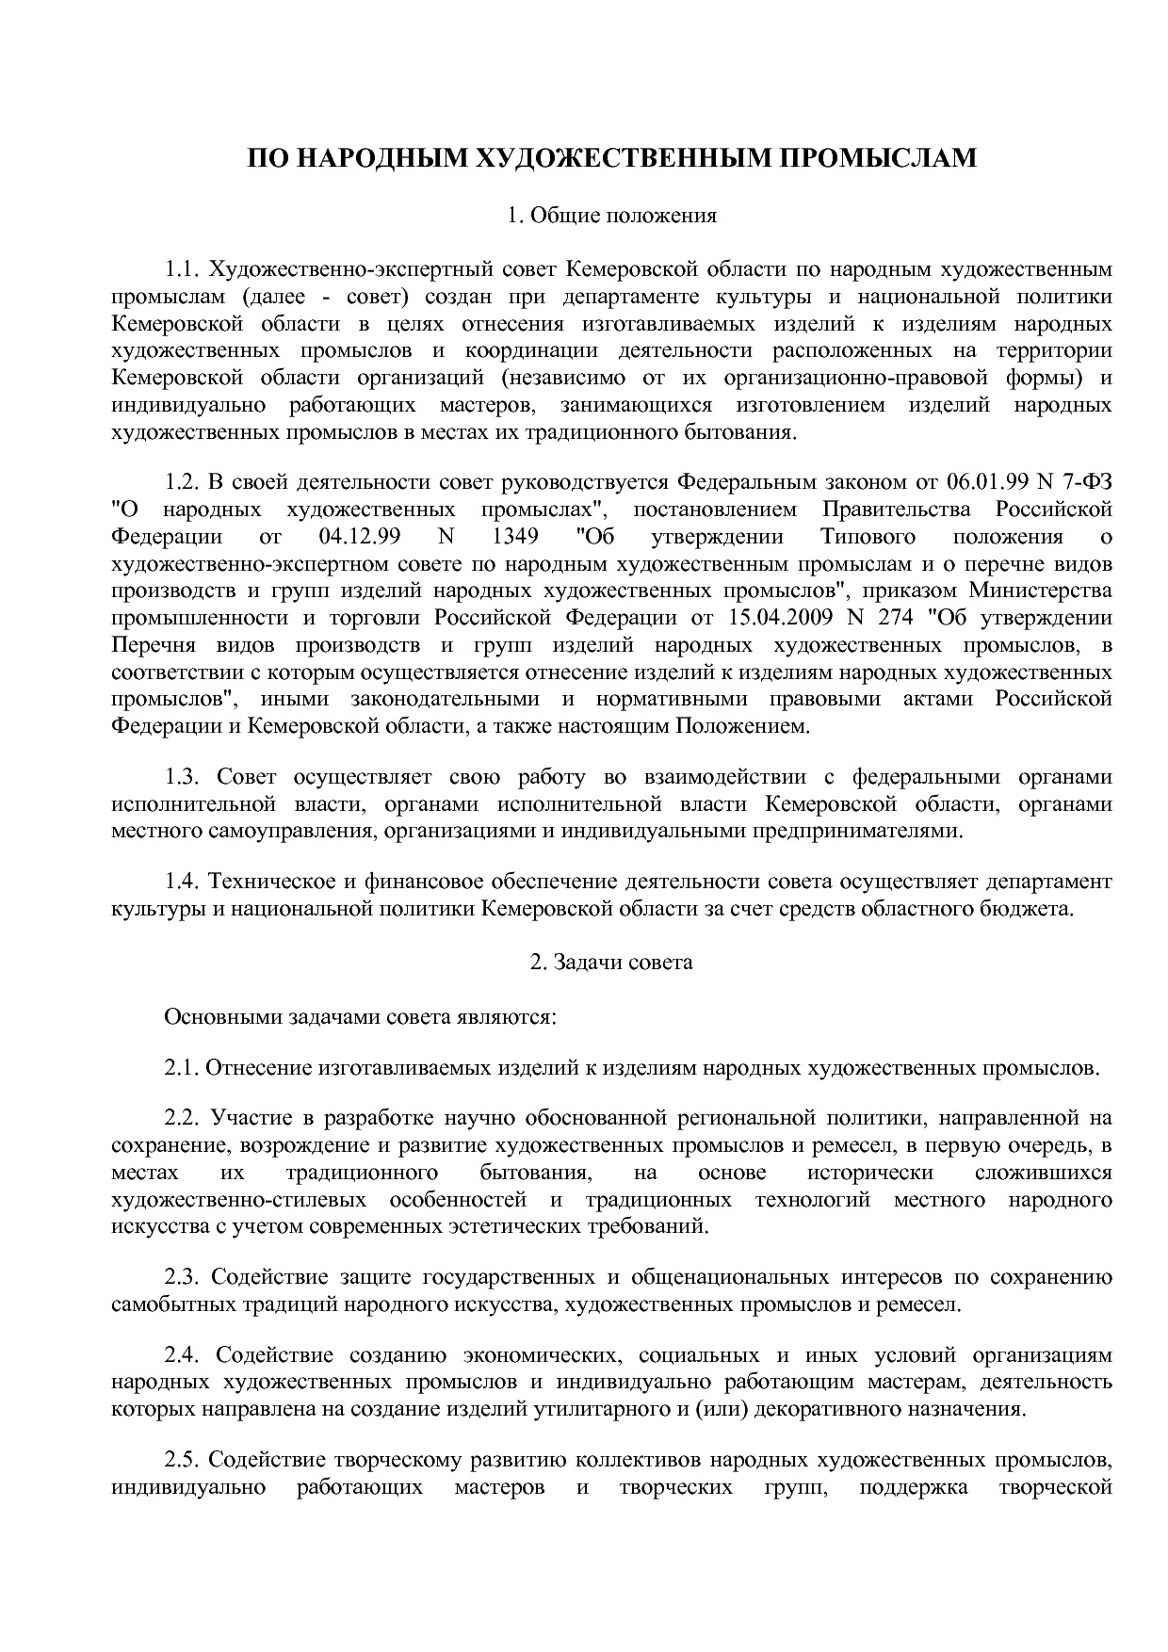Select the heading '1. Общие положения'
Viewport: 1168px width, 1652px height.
pos(611,216)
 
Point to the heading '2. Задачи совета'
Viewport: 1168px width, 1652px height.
pos(611,962)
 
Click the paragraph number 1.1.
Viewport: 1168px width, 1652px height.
pos(182,269)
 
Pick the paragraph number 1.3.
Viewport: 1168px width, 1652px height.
pos(182,777)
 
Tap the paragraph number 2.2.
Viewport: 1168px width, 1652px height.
pos(182,1118)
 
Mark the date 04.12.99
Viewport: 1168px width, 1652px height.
pos(354,537)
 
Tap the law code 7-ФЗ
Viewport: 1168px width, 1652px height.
pos(1086,482)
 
